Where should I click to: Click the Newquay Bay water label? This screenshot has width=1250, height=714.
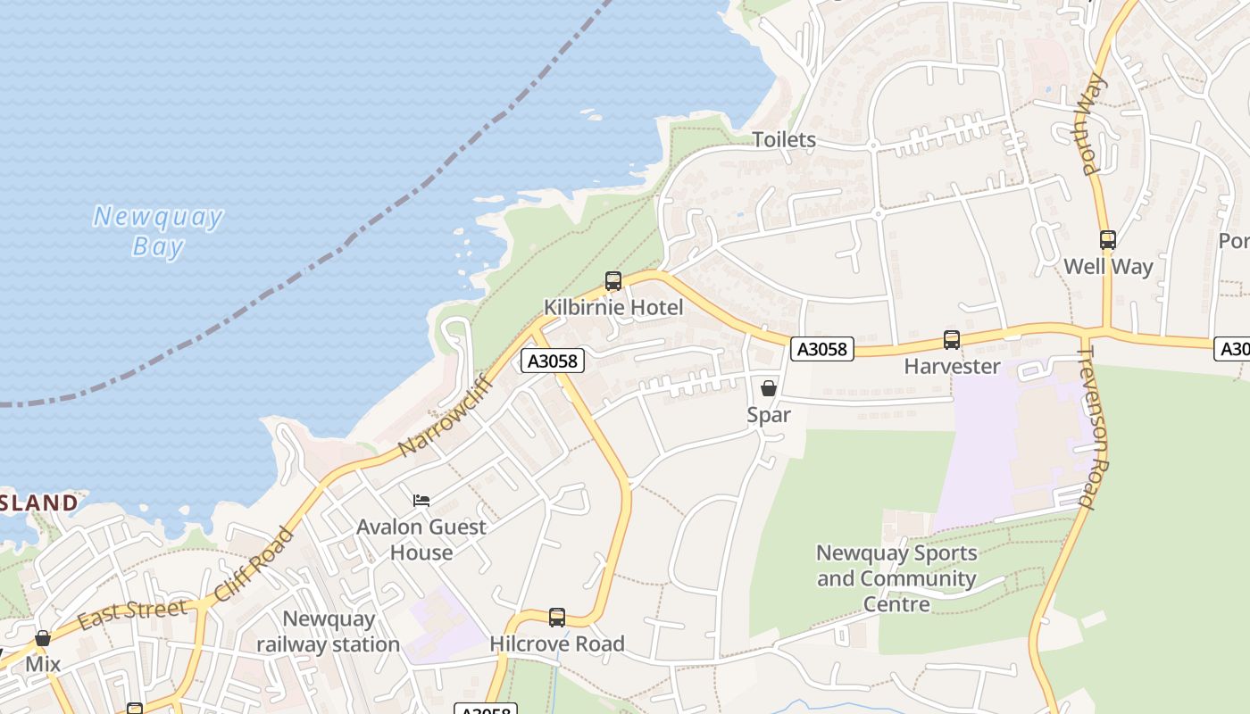point(158,231)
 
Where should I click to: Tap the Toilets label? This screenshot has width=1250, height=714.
point(784,140)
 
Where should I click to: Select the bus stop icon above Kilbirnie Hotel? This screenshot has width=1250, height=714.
point(612,281)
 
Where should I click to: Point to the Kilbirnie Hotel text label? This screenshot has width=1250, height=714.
point(613,308)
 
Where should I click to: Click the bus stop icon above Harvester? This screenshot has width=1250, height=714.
point(952,340)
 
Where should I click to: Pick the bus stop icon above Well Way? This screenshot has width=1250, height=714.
point(1108,240)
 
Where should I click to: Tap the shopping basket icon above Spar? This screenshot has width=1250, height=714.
point(768,388)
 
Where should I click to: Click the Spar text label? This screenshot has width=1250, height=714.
point(769,415)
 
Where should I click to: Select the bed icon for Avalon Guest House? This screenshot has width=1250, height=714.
point(421,501)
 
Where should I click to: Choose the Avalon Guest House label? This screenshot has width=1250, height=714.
point(421,539)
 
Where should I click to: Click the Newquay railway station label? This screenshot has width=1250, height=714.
point(328,631)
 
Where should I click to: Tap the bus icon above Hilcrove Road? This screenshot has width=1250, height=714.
point(557,617)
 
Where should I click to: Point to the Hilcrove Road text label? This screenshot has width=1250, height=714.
point(557,643)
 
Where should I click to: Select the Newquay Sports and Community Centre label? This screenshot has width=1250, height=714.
point(896,578)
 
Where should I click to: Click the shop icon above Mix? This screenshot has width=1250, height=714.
point(43,638)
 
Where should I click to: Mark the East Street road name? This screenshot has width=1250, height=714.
point(132,614)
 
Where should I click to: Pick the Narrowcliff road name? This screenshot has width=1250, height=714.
point(446,416)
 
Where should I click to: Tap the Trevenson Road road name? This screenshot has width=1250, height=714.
point(1092,428)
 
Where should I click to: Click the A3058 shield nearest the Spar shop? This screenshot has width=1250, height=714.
point(821,349)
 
